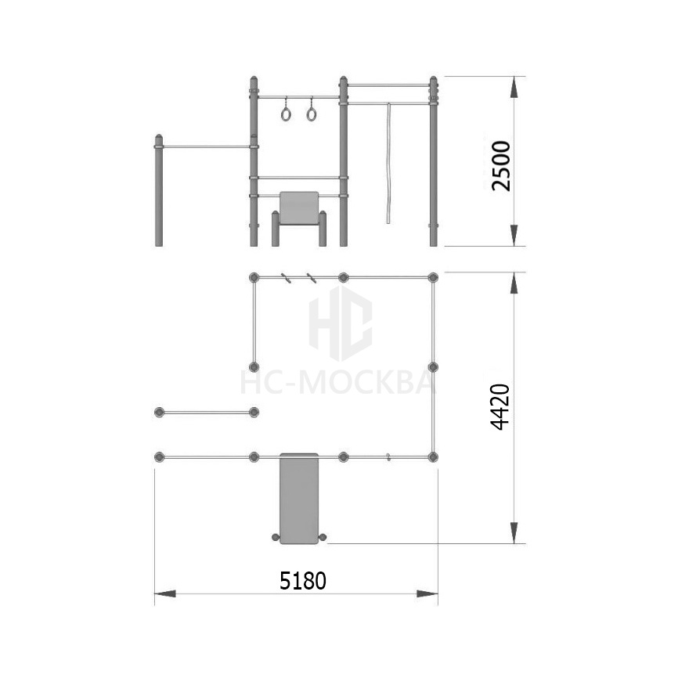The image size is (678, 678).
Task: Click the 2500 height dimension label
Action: point(501,166)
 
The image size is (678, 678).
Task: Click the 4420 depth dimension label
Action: point(501,407)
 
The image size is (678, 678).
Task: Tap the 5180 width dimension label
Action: point(303,581)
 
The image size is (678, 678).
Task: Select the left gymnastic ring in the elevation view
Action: point(286,114)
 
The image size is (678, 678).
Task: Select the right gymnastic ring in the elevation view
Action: point(312,114)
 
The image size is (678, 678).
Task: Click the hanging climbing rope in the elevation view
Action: point(389,164)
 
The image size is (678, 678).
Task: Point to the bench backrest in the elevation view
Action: point(299,207)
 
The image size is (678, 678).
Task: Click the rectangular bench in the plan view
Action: point(299,498)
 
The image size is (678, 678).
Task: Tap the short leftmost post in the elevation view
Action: point(159,190)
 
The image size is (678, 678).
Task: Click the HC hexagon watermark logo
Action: point(341,323)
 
